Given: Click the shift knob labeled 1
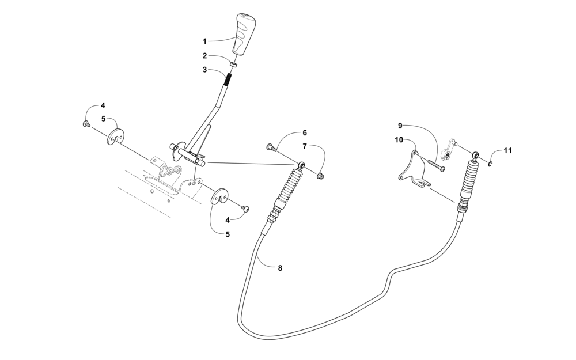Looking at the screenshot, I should click(x=242, y=34).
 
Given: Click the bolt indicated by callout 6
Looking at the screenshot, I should click(x=271, y=148).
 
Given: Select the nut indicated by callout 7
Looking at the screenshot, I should click(x=321, y=175).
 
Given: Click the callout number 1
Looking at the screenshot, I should click(x=204, y=41).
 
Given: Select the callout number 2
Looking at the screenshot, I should click(x=204, y=56).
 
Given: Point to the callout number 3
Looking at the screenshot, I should click(x=204, y=70).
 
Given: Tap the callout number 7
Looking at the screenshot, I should click(x=305, y=146).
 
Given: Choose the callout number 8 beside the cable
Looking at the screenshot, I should click(x=280, y=268).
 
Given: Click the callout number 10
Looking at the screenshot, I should click(x=399, y=139).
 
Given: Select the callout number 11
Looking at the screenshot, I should click(x=507, y=151).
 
